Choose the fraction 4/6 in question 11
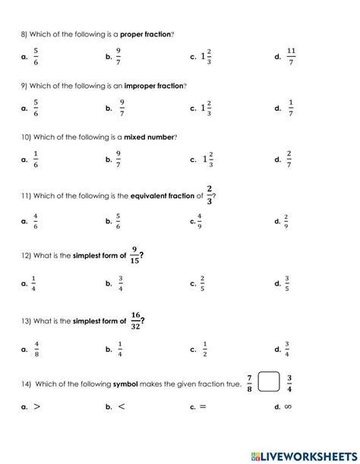(x=36, y=221)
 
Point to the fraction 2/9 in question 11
(x=287, y=221)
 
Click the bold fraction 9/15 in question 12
(x=134, y=256)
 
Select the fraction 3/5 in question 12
(x=286, y=283)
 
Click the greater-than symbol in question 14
(x=36, y=406)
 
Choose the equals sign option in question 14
(x=202, y=406)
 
